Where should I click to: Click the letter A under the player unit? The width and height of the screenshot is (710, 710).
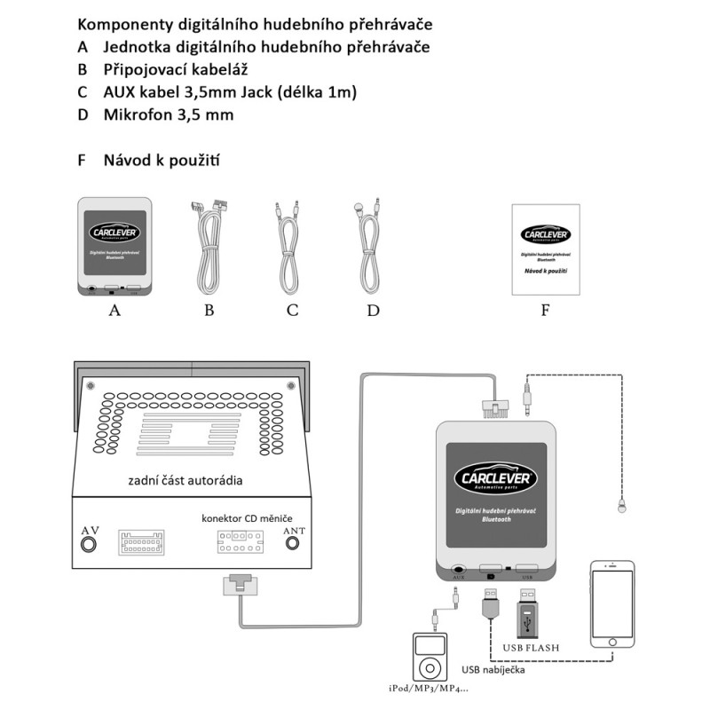point(113,311)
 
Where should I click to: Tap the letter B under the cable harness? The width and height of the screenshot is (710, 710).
point(209,311)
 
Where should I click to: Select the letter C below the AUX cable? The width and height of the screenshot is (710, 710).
point(292,311)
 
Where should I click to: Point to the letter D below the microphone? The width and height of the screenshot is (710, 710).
point(373,311)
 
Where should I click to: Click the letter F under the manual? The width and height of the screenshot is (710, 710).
point(545,311)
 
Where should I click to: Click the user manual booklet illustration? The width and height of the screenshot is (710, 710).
point(545,248)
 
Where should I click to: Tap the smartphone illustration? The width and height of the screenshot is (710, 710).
point(612,612)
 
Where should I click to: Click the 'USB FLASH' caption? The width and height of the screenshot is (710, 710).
point(530,647)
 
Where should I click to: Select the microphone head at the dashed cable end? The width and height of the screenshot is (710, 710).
point(621,508)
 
